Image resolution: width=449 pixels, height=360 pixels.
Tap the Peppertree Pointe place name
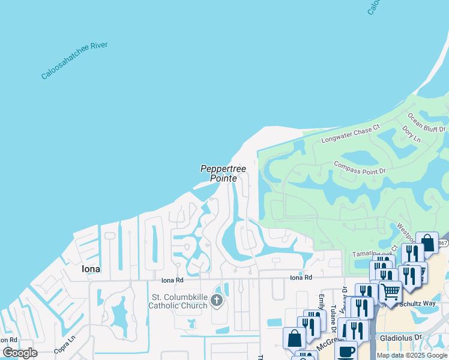point(223,173)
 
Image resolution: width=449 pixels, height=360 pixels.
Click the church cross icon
point(216,300)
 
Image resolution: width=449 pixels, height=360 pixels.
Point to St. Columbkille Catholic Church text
point(179,301)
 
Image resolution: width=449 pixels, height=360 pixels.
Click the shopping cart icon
point(390,292)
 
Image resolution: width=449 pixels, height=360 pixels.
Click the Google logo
point(20,353)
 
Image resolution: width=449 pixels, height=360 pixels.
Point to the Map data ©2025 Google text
point(412,355)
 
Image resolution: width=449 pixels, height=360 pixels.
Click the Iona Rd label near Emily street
point(301,277)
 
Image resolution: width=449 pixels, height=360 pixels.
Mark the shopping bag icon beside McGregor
point(294,338)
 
